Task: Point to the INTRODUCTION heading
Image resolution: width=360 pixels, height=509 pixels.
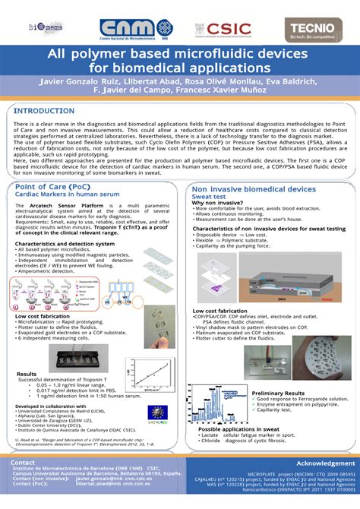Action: [x=46, y=110]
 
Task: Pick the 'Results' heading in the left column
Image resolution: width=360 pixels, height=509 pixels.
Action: [x=27, y=374]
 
